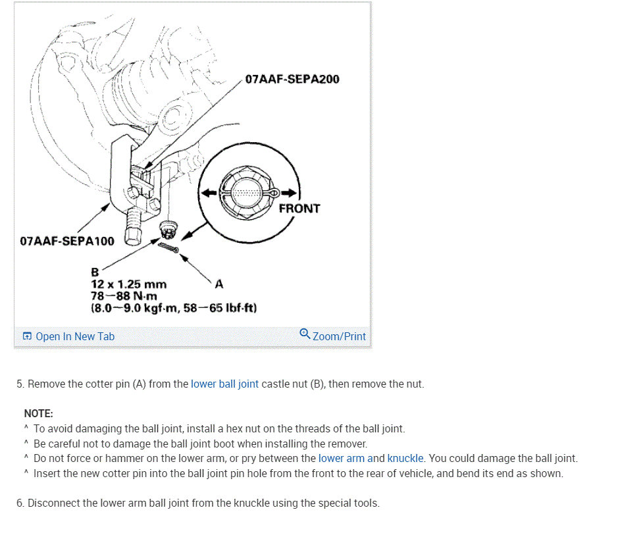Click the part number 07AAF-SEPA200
pyautogui.click(x=292, y=80)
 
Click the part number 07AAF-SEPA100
pyautogui.click(x=67, y=241)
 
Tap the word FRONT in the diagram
pyautogui.click(x=299, y=209)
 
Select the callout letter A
pyautogui.click(x=219, y=284)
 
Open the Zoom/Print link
pyautogui.click(x=339, y=336)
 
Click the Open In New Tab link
pyautogui.click(x=75, y=336)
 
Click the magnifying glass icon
pyautogui.click(x=305, y=334)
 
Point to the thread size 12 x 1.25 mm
pyautogui.click(x=128, y=284)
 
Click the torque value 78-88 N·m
pyautogui.click(x=124, y=295)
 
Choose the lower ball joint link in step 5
pyautogui.click(x=224, y=384)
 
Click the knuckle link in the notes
pyautogui.click(x=405, y=458)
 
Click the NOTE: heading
pyautogui.click(x=38, y=413)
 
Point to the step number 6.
pyautogui.click(x=20, y=503)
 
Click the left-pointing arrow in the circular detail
pyautogui.click(x=207, y=193)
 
